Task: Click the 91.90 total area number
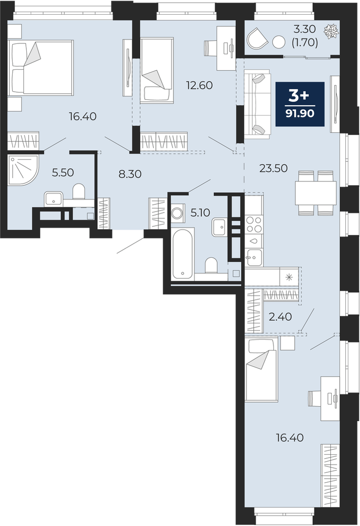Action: [x=300, y=114]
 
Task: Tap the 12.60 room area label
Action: [x=199, y=85]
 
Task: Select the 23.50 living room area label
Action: [x=273, y=168]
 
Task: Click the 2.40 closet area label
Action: [x=280, y=316]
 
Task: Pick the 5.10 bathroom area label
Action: [x=200, y=213]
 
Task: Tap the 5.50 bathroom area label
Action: [x=62, y=173]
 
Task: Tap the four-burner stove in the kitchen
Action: [x=254, y=224]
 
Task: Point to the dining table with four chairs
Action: [x=315, y=193]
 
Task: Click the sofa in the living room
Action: [x=257, y=104]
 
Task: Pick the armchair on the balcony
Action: [x=257, y=37]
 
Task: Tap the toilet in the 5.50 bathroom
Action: [x=79, y=191]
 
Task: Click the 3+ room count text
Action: [x=300, y=97]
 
